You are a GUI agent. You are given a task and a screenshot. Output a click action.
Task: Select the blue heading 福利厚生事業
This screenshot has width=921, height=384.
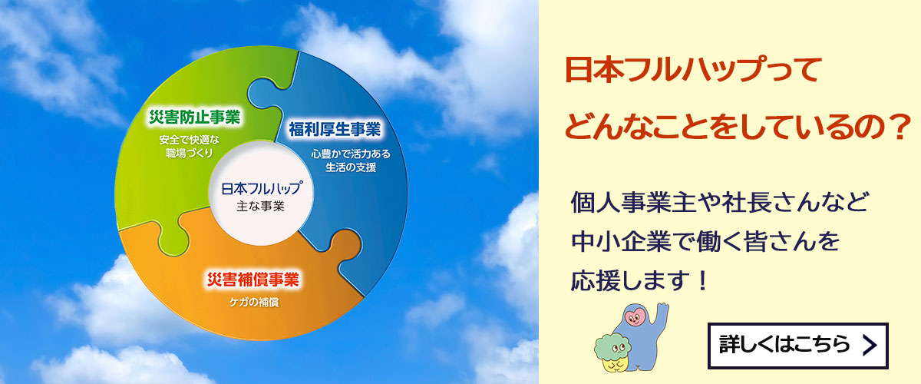point(334,128)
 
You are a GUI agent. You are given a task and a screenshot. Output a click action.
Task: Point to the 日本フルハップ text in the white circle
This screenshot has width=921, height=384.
point(262,189)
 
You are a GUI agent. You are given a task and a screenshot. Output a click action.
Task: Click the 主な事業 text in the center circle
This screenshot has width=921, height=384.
point(262,206)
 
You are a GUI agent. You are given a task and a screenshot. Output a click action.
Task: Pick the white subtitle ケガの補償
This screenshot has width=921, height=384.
point(254,302)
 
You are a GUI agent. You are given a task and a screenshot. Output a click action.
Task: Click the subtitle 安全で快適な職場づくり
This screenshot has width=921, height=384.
point(189,146)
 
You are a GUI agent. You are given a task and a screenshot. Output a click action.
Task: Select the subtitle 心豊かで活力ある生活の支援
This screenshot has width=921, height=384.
point(350,160)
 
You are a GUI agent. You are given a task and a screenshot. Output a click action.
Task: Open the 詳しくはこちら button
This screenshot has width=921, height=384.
point(797,345)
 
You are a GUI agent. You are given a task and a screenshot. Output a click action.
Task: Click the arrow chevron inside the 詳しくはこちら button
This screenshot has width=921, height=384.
point(869,346)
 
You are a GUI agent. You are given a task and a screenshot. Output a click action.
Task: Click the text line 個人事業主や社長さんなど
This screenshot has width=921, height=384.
point(720,204)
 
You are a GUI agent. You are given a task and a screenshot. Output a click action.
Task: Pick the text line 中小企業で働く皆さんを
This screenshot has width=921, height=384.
point(704,242)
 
